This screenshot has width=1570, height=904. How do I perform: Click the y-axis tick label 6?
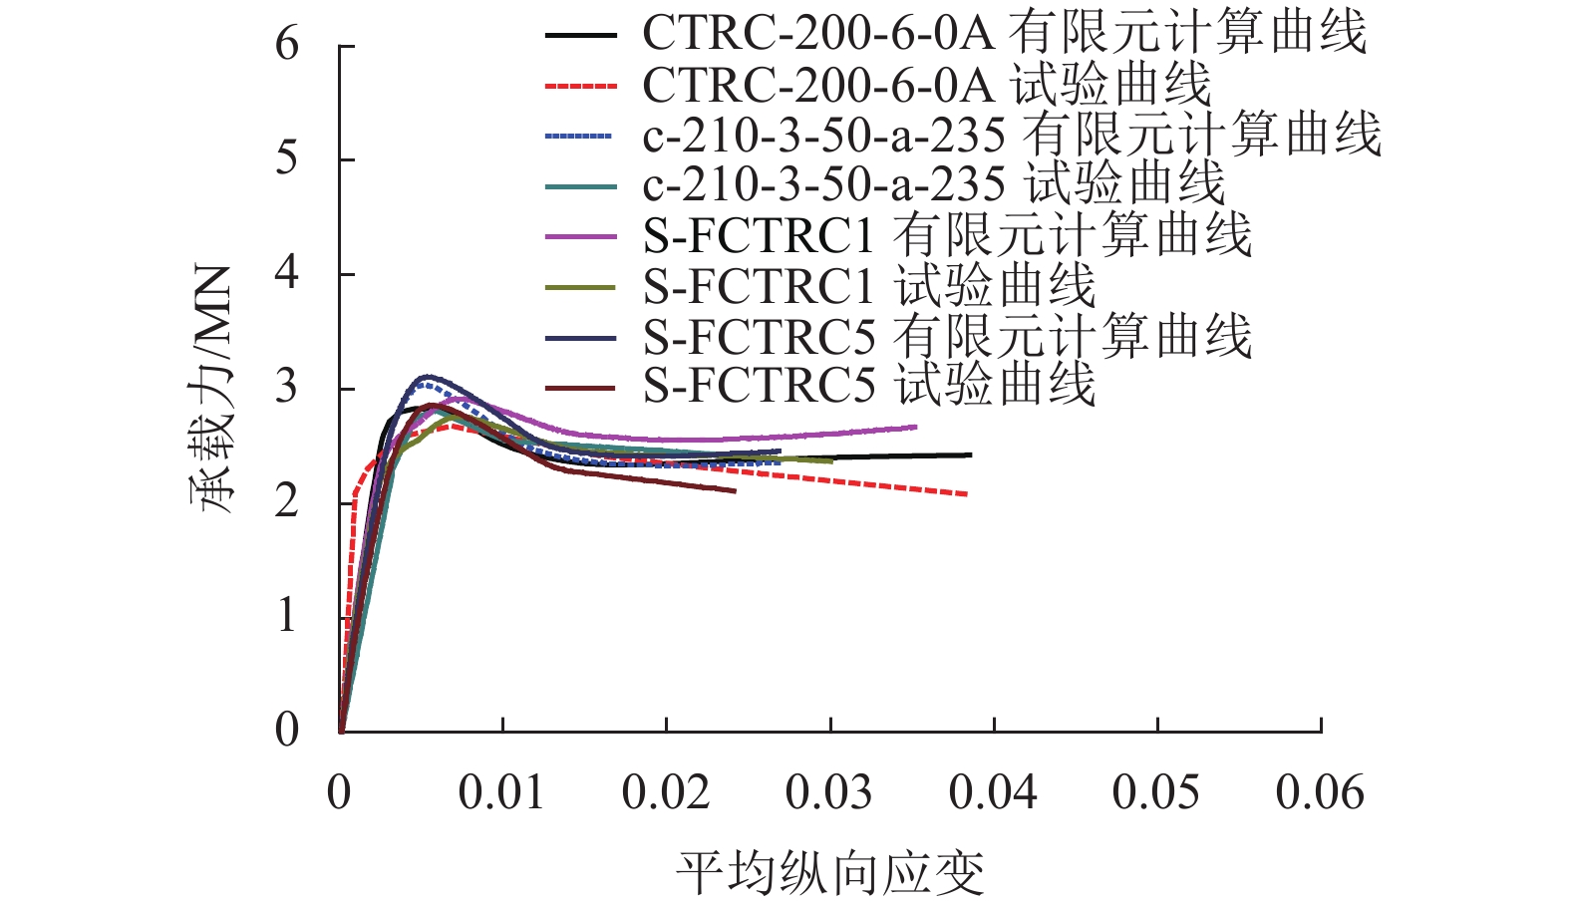click(287, 45)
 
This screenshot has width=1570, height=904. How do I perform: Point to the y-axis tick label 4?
click(287, 273)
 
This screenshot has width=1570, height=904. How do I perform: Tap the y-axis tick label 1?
click(287, 616)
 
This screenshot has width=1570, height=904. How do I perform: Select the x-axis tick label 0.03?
click(828, 793)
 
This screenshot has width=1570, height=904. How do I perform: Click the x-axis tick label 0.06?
click(1320, 793)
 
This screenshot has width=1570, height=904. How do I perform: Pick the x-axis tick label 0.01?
click(501, 793)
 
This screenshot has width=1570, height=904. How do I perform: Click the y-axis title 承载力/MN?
click(212, 389)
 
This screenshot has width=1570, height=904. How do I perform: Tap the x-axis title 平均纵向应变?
click(829, 873)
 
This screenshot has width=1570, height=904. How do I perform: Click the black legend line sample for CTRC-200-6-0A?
click(581, 36)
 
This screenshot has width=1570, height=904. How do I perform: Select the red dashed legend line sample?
click(581, 87)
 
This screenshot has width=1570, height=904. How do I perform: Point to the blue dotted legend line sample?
click(581, 137)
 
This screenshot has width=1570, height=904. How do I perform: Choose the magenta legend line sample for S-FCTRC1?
click(581, 237)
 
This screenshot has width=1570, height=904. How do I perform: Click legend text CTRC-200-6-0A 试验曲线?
click(926, 85)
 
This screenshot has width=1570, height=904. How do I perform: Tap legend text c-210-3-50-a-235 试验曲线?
click(933, 184)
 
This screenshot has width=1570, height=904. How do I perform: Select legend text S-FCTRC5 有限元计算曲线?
click(947, 337)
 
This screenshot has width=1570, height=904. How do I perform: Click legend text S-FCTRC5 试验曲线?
click(869, 386)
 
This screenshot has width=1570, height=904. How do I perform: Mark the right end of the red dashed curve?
click(966, 493)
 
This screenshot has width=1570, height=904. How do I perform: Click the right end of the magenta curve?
click(915, 427)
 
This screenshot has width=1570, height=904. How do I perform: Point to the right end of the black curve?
click(970, 454)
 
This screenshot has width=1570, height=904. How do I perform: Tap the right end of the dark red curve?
click(735, 490)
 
